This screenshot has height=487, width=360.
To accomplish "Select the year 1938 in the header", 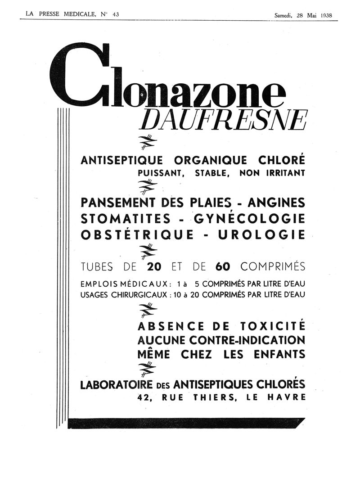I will pos(326,15).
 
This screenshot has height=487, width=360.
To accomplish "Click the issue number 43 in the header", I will pos(116,14).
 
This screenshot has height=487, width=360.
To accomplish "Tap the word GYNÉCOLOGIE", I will pos(250,219).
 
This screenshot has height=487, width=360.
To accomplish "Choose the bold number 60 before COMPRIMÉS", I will pos(222,266).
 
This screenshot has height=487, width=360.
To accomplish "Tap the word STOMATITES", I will pos(126,219).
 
